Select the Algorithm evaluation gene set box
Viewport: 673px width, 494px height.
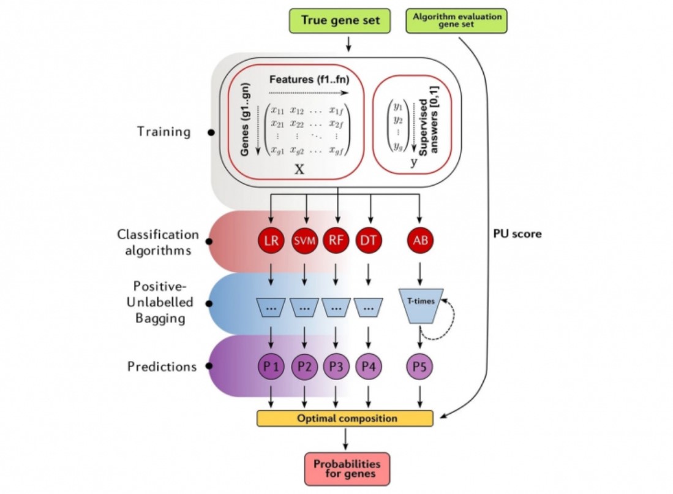(x=457, y=20)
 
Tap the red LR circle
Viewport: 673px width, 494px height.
(x=271, y=240)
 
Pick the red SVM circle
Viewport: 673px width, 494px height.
(x=304, y=240)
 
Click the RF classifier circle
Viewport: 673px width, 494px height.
(x=335, y=240)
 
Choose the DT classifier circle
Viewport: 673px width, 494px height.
(x=368, y=240)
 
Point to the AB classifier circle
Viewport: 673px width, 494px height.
(x=419, y=240)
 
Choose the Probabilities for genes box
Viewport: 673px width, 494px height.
(x=347, y=469)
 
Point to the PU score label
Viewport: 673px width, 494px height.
(x=517, y=234)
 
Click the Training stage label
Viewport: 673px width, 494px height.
(x=164, y=131)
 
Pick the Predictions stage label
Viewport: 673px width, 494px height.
(x=162, y=367)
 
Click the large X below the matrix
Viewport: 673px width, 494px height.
(x=299, y=170)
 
